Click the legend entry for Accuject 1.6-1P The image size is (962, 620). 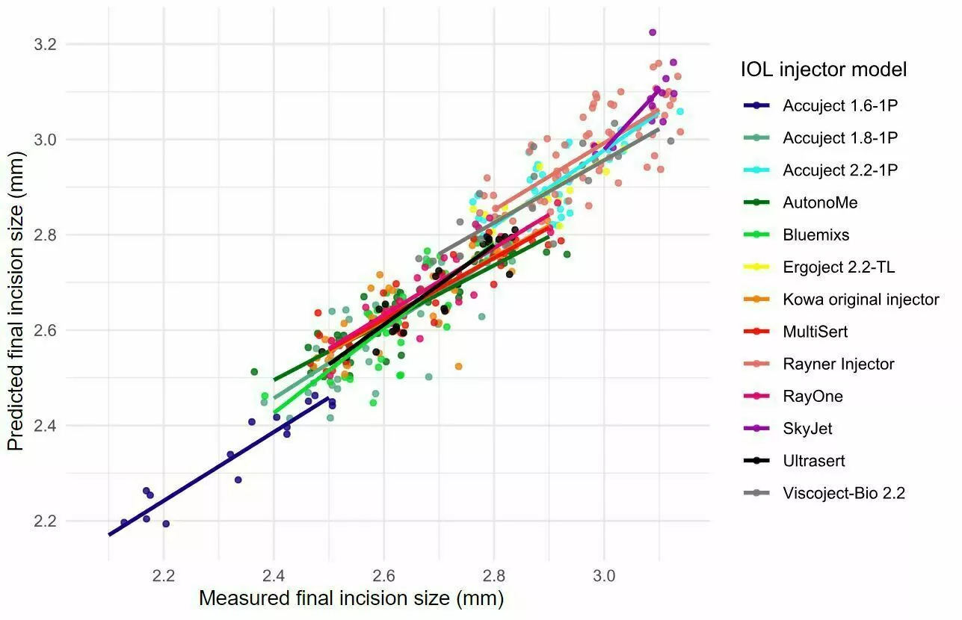[x=839, y=106]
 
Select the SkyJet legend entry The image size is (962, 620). [x=807, y=429]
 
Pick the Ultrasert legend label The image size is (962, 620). [x=814, y=461]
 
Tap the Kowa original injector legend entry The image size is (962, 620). [x=860, y=300]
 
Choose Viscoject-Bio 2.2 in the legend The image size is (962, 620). [x=844, y=493]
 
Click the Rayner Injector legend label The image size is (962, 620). [x=838, y=365]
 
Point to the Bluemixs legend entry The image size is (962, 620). [x=815, y=235]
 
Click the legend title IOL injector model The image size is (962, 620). [x=824, y=70]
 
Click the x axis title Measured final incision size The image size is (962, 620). [x=351, y=599]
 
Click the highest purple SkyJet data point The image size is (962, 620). [x=653, y=32]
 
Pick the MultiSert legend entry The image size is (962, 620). [x=815, y=332]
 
